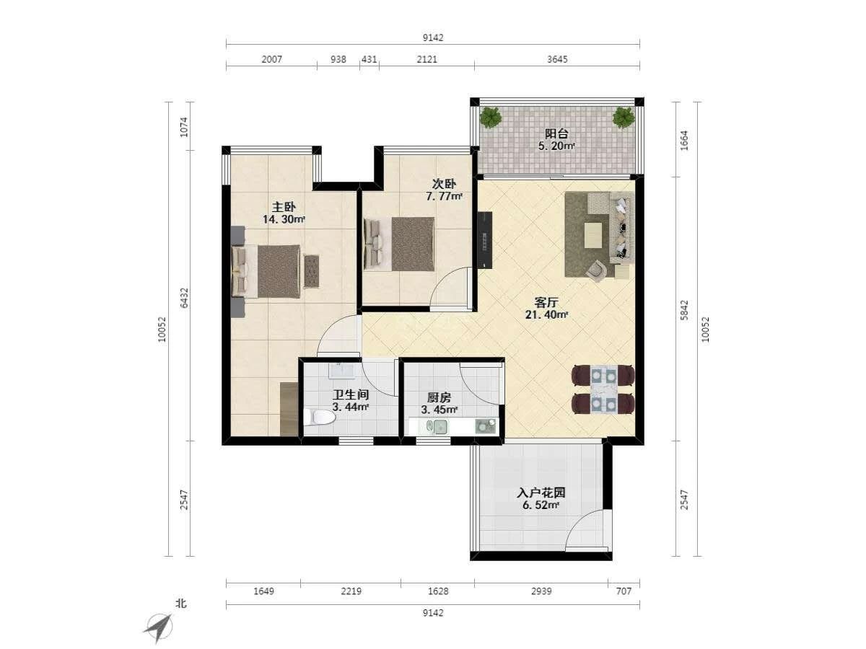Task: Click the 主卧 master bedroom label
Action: (284, 207)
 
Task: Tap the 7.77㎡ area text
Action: (444, 196)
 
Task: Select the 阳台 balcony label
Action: (556, 134)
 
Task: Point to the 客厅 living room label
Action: (546, 303)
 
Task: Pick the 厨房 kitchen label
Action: (439, 397)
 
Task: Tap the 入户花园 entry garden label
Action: (541, 493)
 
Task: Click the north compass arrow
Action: (159, 627)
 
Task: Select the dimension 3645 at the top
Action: (557, 60)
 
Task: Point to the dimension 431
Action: (369, 60)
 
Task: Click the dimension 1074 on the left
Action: (184, 128)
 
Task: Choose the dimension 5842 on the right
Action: (684, 310)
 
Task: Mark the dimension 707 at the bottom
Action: (624, 591)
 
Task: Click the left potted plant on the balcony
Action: (491, 117)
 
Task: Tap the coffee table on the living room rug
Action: (593, 235)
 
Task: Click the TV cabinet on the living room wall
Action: (485, 240)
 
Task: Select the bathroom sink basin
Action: (341, 371)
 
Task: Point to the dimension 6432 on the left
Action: (184, 299)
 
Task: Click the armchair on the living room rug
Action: (597, 270)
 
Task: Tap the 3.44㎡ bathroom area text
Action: (351, 407)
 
